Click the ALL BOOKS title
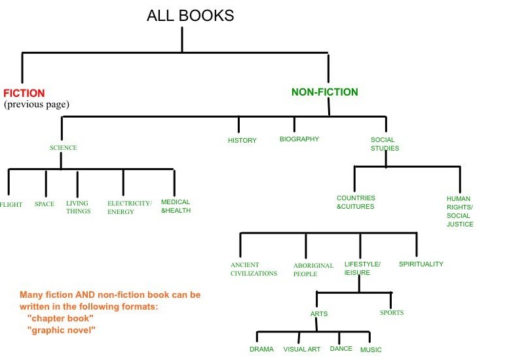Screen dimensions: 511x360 [190, 16]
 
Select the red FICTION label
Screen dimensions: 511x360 [24, 94]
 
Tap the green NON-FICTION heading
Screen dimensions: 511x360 [324, 92]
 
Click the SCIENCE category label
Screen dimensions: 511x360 [63, 148]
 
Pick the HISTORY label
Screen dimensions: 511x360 [242, 141]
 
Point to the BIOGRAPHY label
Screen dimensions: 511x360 [299, 139]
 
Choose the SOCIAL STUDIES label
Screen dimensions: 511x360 [385, 144]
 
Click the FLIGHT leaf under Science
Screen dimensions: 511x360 [11, 205]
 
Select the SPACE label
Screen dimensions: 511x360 [45, 204]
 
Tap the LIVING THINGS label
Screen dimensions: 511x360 [79, 207]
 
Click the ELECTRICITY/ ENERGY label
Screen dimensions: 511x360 [129, 207]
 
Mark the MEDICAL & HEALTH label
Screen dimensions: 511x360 [176, 206]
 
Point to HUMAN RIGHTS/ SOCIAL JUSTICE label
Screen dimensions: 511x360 [459, 211]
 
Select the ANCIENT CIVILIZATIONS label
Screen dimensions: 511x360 [254, 269]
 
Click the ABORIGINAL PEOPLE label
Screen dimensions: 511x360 [314, 270]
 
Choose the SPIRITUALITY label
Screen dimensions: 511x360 [421, 264]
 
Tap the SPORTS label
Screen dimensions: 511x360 [392, 313]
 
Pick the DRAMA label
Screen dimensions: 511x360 [261, 350]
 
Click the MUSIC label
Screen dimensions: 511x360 [371, 350]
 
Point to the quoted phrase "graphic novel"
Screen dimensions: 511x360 [62, 331]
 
